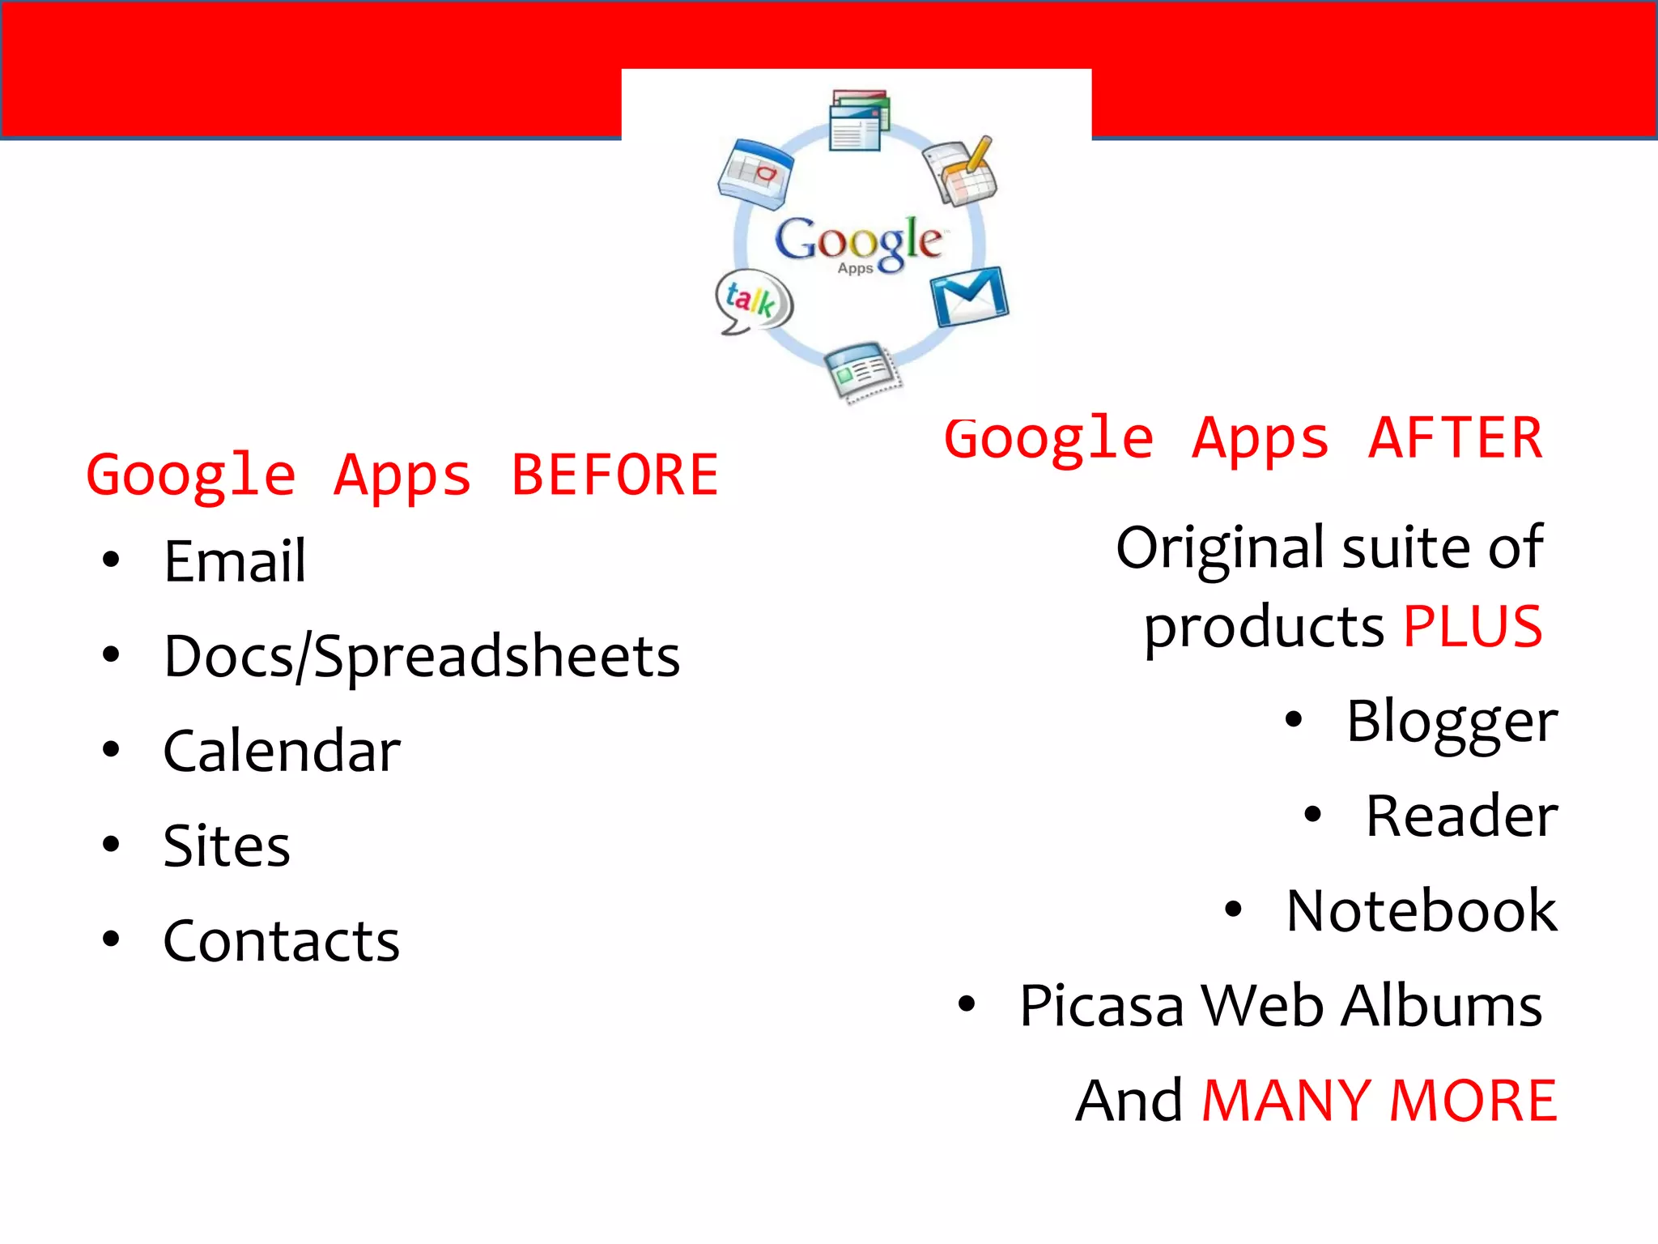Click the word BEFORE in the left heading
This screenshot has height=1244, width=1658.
click(614, 475)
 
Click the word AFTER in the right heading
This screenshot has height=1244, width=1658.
click(1455, 438)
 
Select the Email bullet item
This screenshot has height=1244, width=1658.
click(235, 560)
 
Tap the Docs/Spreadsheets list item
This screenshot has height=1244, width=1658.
click(421, 656)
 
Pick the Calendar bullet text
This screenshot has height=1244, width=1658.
click(282, 751)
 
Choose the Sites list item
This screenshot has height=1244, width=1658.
click(227, 846)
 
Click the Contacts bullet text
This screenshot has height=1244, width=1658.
click(282, 941)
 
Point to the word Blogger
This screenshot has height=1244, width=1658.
click(1452, 721)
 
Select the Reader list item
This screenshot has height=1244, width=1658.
click(1461, 816)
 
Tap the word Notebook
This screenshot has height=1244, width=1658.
click(1422, 911)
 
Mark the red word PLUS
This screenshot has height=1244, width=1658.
click(1473, 626)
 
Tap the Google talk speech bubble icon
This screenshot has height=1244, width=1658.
click(753, 300)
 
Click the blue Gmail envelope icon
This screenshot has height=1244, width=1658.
click(969, 296)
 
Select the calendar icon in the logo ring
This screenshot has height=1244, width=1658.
click(755, 172)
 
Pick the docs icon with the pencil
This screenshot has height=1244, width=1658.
click(961, 171)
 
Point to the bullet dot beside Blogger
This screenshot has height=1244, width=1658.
click(1294, 719)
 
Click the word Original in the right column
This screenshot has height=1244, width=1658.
click(1222, 547)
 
